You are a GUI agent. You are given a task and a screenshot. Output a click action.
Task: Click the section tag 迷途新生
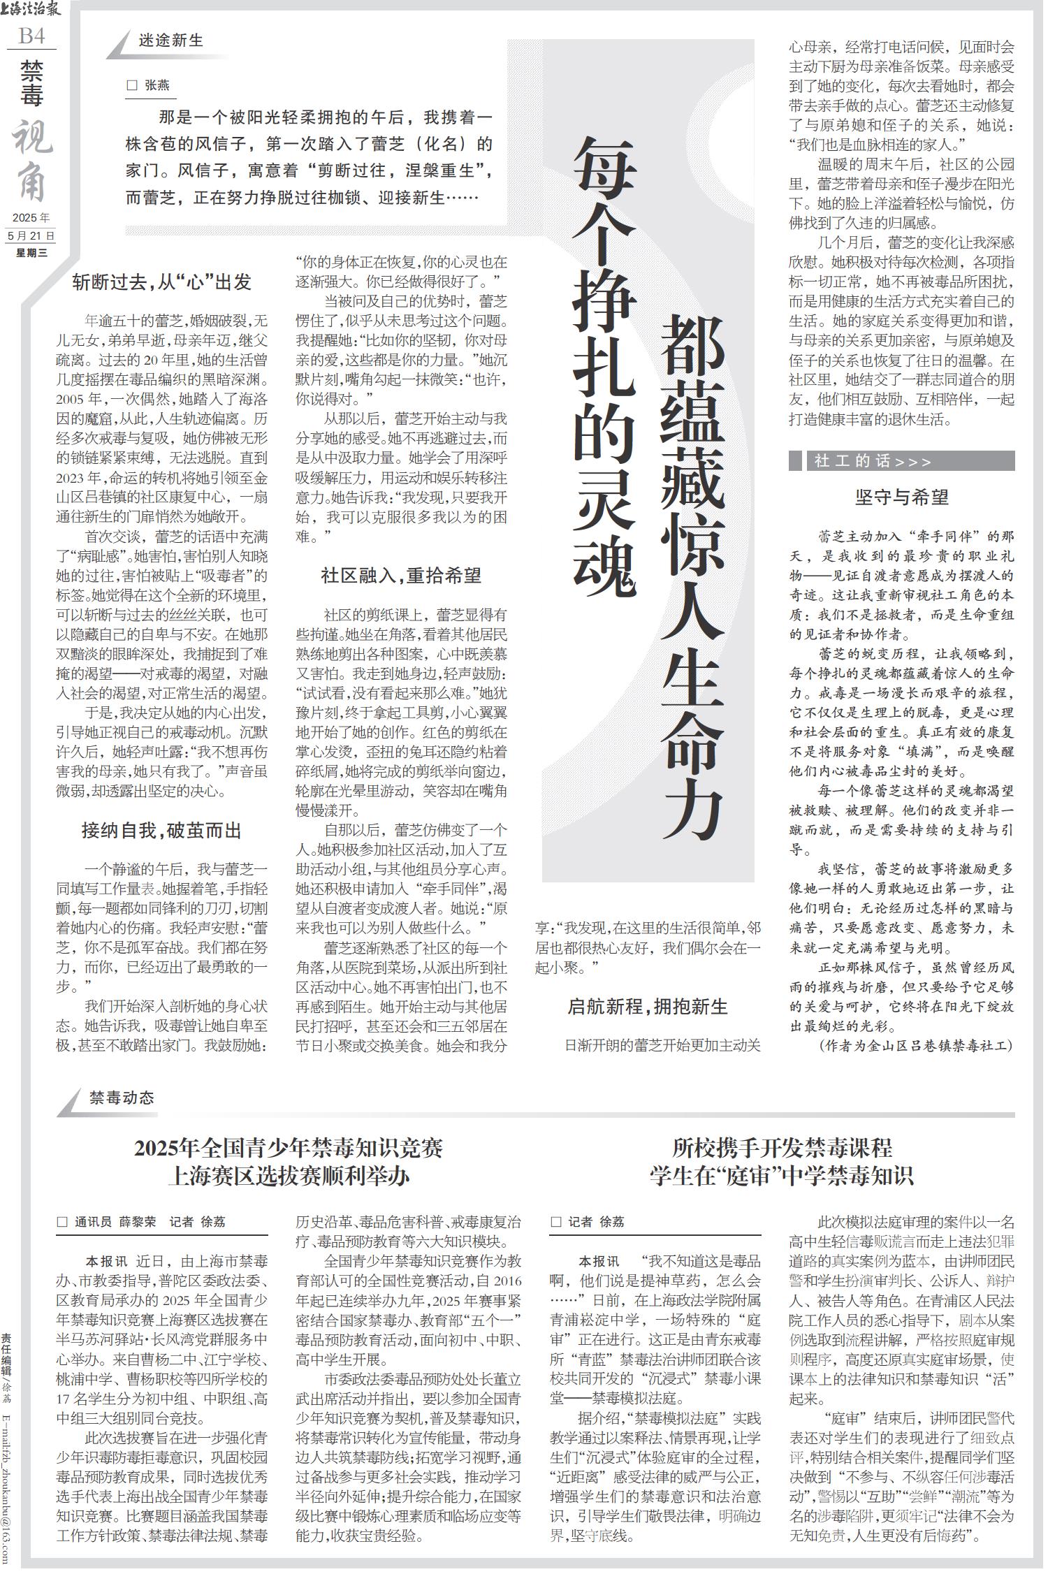pyautogui.click(x=171, y=41)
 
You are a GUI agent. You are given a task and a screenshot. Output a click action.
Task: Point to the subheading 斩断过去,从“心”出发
pyautogui.click(x=162, y=282)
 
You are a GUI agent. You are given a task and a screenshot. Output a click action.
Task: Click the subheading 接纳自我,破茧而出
pyautogui.click(x=162, y=831)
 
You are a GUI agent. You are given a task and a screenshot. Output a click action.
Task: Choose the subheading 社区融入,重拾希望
pyautogui.click(x=401, y=576)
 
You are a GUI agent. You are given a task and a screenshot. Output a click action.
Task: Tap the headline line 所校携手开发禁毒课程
pyautogui.click(x=782, y=1147)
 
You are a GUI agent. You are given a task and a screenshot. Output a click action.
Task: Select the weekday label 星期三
pyautogui.click(x=32, y=253)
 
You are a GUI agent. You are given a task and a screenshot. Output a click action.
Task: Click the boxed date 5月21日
pyautogui.click(x=32, y=235)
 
